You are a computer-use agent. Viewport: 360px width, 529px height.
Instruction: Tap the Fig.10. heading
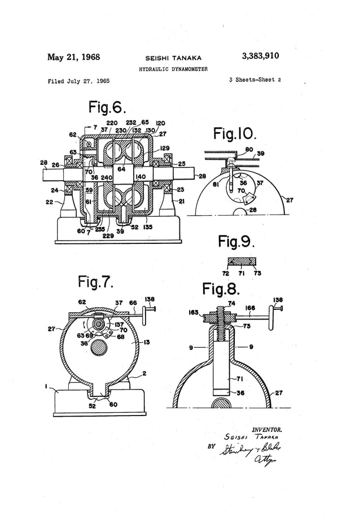coord(235,134)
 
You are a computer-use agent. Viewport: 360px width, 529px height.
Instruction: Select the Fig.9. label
coord(236,242)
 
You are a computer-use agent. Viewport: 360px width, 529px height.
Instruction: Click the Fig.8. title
coord(221,289)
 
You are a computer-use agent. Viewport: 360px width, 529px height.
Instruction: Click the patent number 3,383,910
coord(260,56)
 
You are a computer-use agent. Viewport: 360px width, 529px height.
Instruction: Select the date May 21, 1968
coord(74,57)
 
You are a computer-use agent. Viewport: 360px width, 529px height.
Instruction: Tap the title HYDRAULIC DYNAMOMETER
coord(173,69)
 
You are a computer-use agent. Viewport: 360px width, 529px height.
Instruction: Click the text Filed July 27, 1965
coord(79,81)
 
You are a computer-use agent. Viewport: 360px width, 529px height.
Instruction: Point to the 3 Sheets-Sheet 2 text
coord(255,80)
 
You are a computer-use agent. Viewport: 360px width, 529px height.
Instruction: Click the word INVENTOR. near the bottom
coord(266,429)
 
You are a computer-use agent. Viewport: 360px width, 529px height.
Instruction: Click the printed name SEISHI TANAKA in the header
coord(173,58)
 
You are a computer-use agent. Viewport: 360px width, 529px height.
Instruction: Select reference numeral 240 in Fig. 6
coord(107,177)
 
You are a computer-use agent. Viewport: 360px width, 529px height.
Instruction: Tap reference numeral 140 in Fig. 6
coord(141,177)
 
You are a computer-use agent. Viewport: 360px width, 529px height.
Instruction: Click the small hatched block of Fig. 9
coord(242,261)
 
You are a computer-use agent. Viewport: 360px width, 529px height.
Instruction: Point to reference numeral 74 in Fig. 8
coord(231,304)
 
